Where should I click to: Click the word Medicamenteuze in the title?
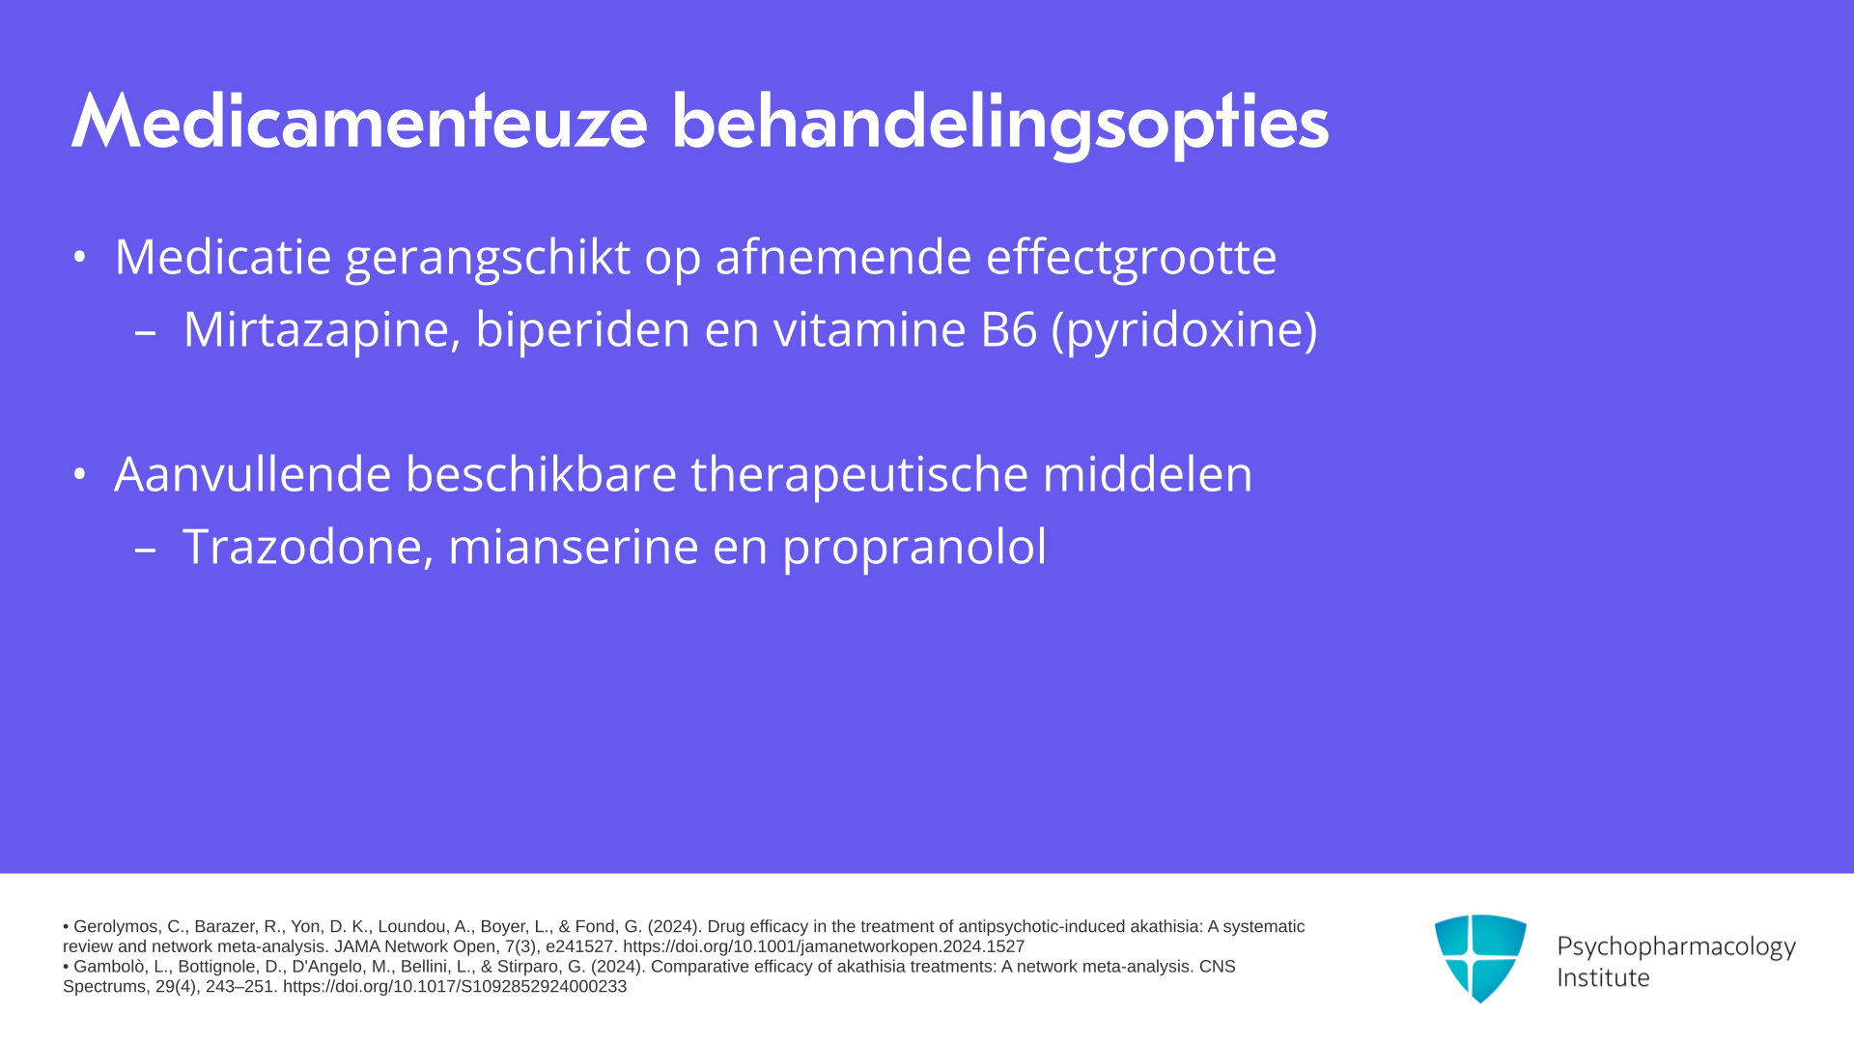coord(359,122)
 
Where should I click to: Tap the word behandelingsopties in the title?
coord(1000,124)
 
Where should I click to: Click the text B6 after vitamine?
coord(1009,329)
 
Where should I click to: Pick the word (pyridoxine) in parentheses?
coord(1184,331)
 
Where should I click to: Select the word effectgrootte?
coord(1131,258)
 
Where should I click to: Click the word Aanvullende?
coord(253,474)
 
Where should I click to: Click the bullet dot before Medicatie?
coord(80,257)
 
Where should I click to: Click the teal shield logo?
coord(1480,958)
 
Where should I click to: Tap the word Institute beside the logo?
coord(1603,978)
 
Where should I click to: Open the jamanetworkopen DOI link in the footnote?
coord(824,947)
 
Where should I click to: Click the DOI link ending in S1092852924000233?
coord(455,987)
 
